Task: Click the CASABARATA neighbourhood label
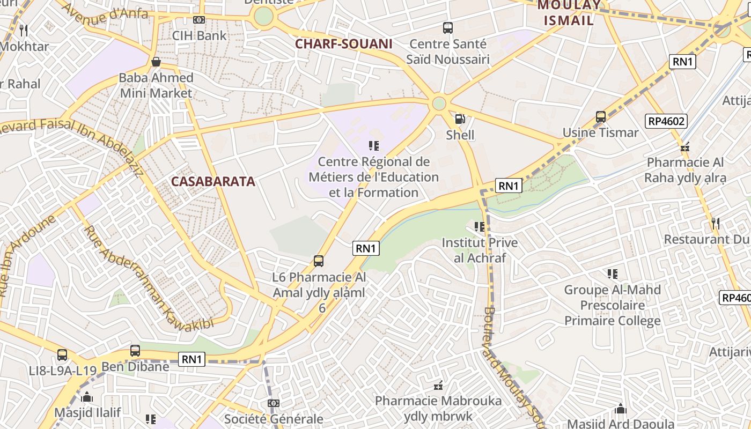[213, 181]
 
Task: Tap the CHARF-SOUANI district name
[343, 44]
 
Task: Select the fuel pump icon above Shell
[460, 119]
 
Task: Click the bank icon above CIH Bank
[199, 20]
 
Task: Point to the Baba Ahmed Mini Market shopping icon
[156, 62]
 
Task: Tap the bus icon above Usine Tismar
[601, 117]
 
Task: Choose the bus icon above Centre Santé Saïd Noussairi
[447, 27]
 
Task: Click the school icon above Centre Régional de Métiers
[374, 146]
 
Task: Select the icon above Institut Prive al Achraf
[480, 227]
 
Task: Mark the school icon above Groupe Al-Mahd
[612, 274]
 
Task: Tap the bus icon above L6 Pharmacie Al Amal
[319, 261]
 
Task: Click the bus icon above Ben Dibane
[135, 351]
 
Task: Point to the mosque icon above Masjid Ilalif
[87, 397]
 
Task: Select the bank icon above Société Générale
[274, 403]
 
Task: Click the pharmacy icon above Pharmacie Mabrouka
[438, 385]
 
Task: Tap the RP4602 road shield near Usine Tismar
[667, 121]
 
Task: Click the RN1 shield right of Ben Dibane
[192, 359]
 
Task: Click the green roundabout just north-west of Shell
[439, 103]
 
